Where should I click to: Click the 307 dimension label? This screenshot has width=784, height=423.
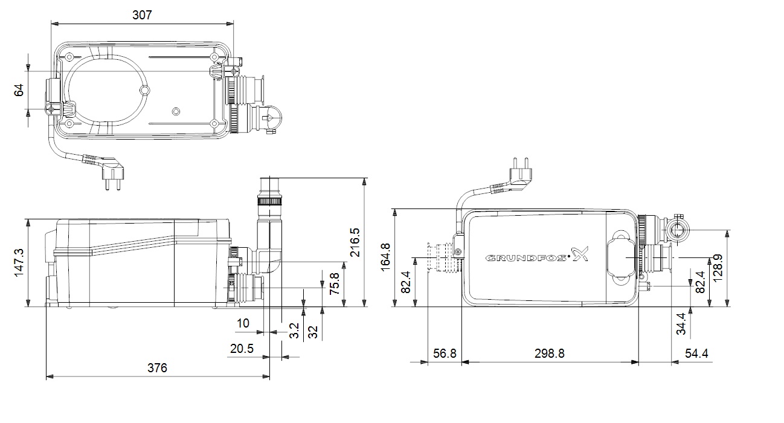point(142,15)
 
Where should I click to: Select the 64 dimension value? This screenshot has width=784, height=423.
point(19,89)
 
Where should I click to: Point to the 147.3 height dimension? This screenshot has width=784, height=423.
point(18,262)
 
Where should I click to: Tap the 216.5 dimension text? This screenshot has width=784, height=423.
point(355,242)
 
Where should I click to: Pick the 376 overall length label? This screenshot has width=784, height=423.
point(158,367)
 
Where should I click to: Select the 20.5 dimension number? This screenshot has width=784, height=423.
point(241,349)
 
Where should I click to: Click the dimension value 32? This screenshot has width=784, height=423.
point(313,332)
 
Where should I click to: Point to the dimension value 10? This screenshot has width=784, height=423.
point(243,323)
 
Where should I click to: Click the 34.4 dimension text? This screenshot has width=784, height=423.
point(681,323)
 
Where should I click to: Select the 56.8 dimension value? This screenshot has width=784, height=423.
point(445,354)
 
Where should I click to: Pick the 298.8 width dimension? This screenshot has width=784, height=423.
point(549,354)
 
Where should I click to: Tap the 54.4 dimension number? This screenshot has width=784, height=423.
point(696,354)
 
